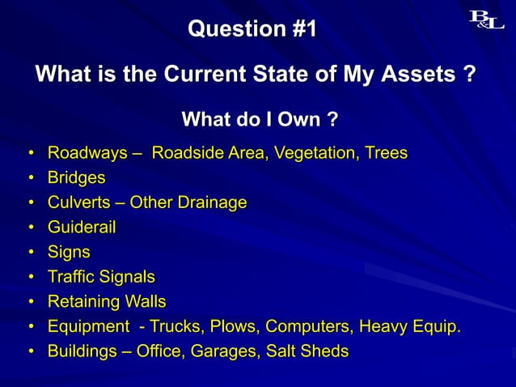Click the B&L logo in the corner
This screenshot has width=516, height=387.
487,19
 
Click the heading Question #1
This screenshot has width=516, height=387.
252,30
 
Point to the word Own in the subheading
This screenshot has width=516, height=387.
298,121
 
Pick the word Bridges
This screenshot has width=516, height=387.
76,176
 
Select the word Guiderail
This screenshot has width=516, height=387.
82,228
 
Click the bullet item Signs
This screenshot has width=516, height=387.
69,252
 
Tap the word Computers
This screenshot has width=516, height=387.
307,326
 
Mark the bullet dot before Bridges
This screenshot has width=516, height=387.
30,177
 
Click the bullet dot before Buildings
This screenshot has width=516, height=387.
30,352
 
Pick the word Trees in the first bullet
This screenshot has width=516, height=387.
386,152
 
